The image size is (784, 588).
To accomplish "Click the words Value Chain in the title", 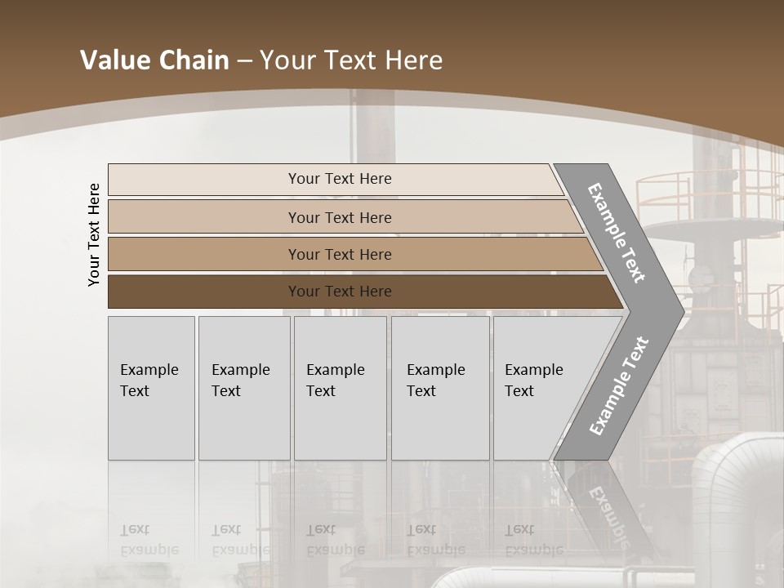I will coord(154,60).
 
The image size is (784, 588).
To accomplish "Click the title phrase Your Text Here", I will coord(351,60).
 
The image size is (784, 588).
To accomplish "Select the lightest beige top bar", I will coord(204,179).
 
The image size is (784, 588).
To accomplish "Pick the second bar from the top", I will coord(204,217).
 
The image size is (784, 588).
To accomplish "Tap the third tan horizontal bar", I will coord(204,254).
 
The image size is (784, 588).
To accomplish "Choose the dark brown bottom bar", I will coord(204,292).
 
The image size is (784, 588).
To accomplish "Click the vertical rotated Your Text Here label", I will coord(94,234).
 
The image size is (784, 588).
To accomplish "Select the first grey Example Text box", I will coord(151,388).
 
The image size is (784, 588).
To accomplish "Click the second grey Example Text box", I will coord(243,388).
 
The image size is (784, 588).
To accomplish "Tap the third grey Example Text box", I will coord(340,388).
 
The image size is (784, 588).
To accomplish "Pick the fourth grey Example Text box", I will coord(439,388).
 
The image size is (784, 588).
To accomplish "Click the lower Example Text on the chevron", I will coord(619,385).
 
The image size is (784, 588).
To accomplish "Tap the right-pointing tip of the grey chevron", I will coord(678,310).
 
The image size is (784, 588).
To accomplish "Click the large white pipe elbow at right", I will coord(727,482).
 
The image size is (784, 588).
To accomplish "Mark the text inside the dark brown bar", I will coord(340,292).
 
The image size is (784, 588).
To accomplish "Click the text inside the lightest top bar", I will coord(340,179).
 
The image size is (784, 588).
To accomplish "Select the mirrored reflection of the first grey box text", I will coord(149,540).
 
